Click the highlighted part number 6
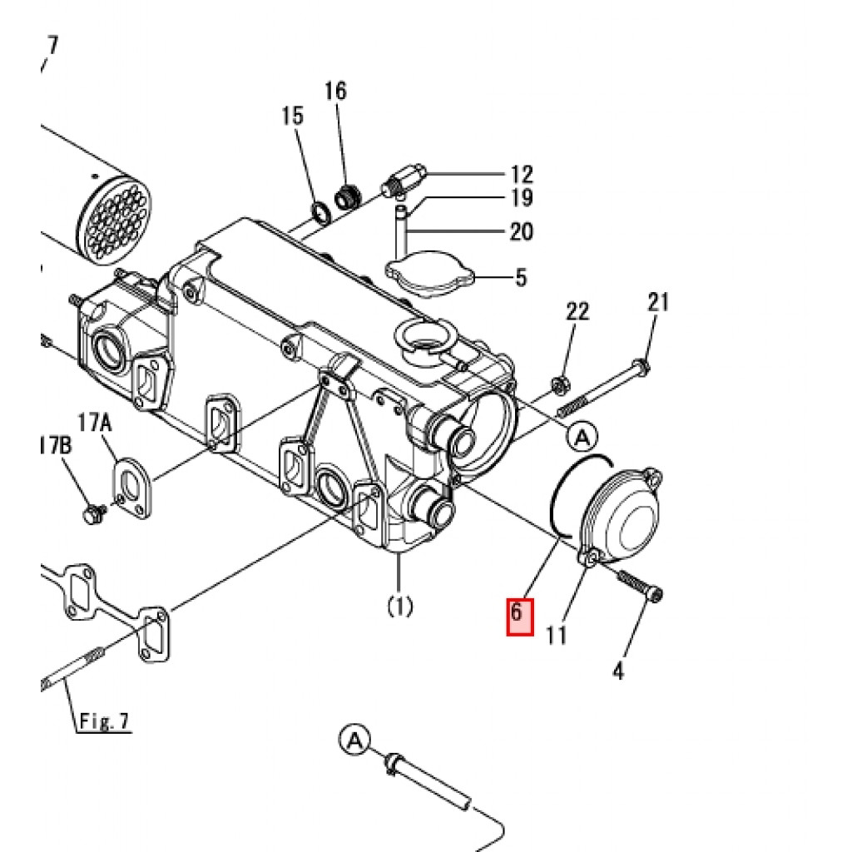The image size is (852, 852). (516, 612)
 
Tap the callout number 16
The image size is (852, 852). (336, 91)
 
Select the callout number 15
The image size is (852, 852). (292, 116)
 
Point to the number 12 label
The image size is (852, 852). (522, 175)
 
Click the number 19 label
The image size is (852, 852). (522, 198)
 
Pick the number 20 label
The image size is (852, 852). (522, 231)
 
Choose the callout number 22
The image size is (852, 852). (577, 312)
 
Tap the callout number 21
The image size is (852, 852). (658, 301)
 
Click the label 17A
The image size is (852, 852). (95, 422)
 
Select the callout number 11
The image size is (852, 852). (556, 635)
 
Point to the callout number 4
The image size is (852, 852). (618, 671)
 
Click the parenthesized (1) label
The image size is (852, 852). (400, 606)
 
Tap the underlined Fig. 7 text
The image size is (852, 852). (104, 721)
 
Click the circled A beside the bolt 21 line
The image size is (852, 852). (582, 436)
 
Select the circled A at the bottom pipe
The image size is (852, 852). (354, 740)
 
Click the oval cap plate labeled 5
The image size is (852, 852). (430, 273)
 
